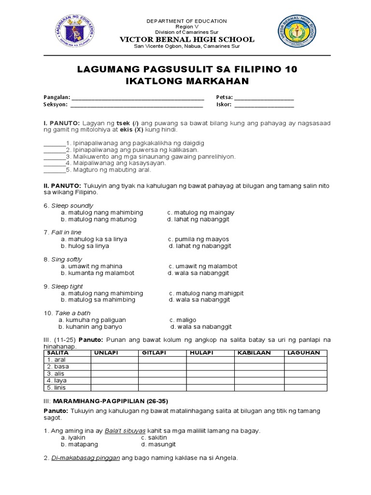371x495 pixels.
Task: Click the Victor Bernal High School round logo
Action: (299, 31)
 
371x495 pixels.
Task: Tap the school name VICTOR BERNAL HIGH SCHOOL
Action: (187, 39)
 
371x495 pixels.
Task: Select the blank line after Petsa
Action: (264, 98)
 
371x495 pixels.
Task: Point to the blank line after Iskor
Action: (264, 104)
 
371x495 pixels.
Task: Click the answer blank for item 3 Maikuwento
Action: (54, 157)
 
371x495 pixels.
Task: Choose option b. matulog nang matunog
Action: (99, 219)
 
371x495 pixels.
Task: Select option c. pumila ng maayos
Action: (199, 239)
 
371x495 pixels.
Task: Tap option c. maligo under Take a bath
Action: (183, 320)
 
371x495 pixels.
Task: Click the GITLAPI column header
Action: (154, 353)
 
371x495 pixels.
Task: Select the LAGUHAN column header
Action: (303, 353)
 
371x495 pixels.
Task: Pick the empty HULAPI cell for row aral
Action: (211, 360)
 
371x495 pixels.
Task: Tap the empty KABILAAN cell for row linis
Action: (259, 388)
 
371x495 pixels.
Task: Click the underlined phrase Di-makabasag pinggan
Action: (86, 458)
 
